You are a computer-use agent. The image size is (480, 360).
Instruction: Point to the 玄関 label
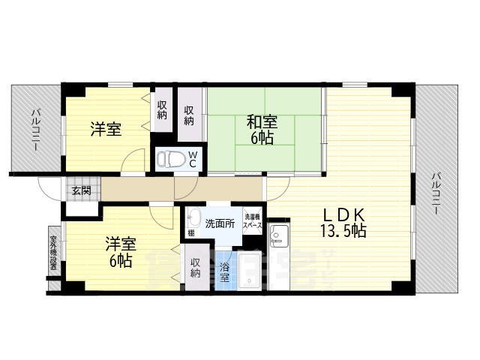(81, 190)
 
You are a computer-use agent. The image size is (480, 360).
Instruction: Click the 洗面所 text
(220, 223)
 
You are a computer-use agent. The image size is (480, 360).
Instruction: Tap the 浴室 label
(224, 272)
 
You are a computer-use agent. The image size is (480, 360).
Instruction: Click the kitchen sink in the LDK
(279, 238)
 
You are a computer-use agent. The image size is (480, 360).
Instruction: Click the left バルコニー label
(35, 131)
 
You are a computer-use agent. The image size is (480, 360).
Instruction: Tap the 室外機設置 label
(53, 252)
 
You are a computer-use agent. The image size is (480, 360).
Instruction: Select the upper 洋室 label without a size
(106, 129)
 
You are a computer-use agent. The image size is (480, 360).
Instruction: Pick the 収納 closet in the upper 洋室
(162, 111)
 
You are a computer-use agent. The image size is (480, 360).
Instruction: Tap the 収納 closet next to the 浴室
(195, 268)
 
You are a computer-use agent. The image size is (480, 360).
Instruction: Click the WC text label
(192, 159)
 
